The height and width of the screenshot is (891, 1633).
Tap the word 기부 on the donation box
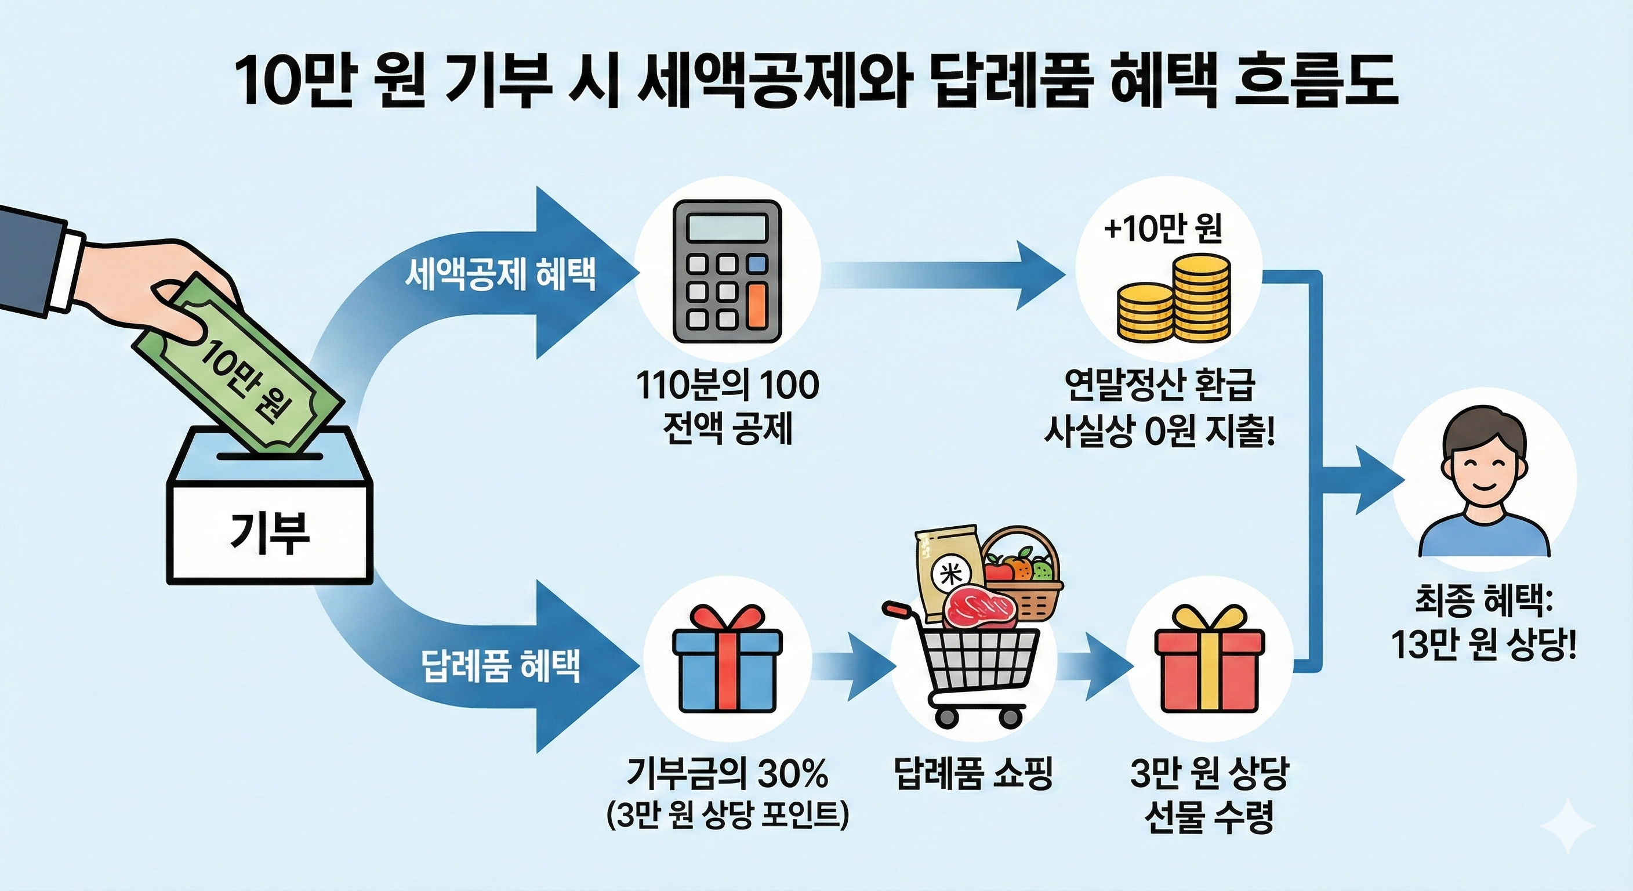(x=270, y=532)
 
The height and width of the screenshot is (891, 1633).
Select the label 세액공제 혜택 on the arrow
(x=501, y=275)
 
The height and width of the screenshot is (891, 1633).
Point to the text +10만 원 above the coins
(x=1163, y=229)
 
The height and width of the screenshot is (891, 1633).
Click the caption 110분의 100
(x=727, y=386)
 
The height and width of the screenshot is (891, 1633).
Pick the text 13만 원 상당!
(x=1483, y=646)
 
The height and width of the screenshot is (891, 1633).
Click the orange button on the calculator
(x=756, y=305)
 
